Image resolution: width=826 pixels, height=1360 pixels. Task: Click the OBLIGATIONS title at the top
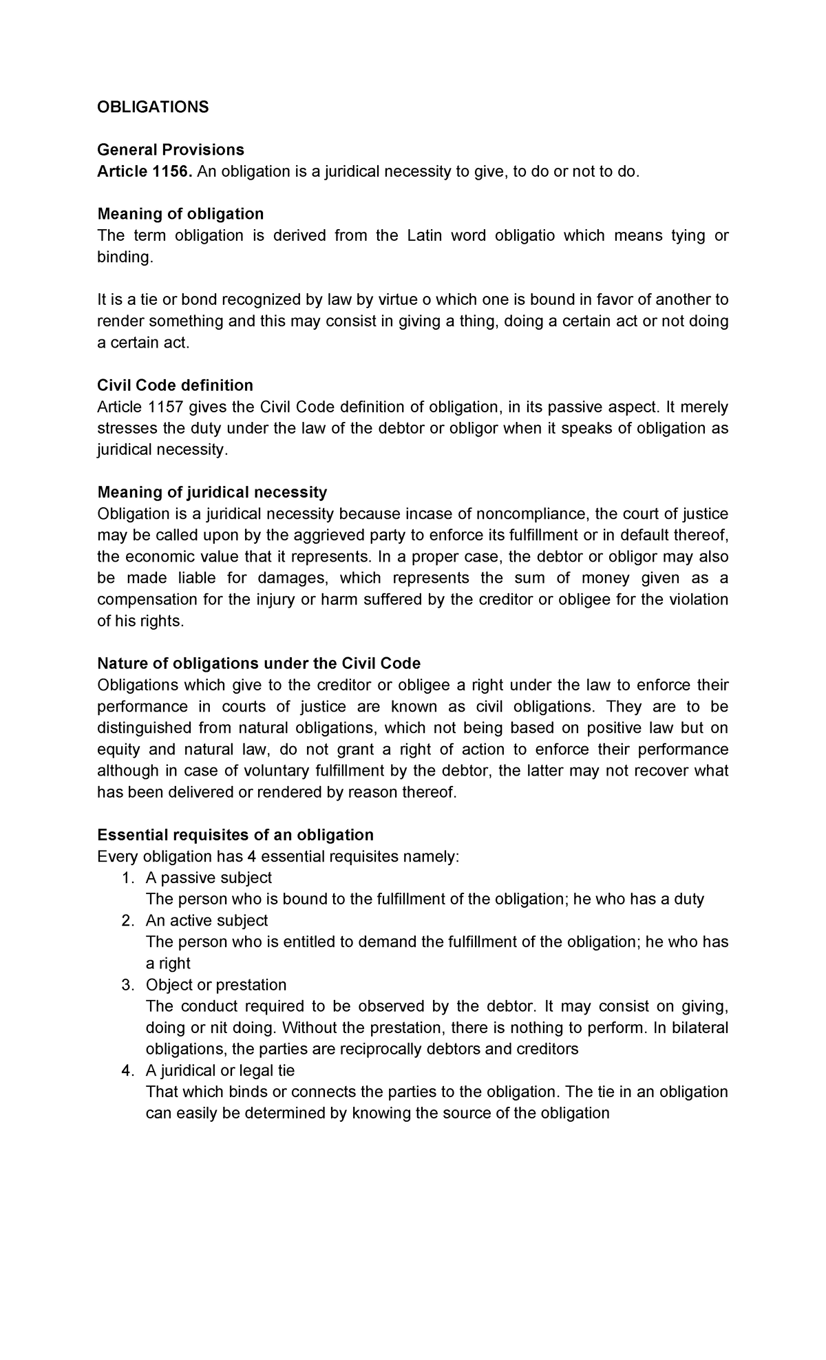(x=153, y=107)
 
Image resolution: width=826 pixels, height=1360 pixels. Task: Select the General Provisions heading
(x=171, y=150)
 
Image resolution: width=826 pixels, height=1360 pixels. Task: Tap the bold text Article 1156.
(x=145, y=171)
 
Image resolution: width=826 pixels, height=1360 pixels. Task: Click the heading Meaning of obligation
(x=180, y=214)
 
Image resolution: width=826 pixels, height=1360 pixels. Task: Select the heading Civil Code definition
(x=176, y=385)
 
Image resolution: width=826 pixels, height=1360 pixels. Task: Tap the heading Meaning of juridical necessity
(x=212, y=492)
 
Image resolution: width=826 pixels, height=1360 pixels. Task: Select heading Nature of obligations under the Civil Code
(x=259, y=663)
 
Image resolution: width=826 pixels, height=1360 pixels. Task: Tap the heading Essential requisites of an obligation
(x=235, y=835)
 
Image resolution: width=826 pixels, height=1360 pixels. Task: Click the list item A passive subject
(x=209, y=878)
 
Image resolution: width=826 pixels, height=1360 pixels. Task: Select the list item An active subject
(x=206, y=921)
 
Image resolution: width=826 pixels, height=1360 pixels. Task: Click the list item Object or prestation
(x=216, y=985)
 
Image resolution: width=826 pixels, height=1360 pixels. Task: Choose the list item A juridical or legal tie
(x=220, y=1071)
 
